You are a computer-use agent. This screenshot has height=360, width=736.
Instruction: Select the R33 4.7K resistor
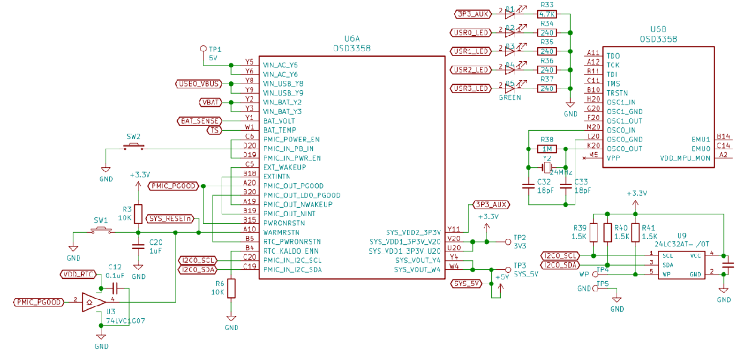click(547, 14)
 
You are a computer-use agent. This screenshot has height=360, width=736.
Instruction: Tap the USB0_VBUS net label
click(199, 84)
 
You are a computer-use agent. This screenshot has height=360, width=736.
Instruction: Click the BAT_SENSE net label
click(199, 121)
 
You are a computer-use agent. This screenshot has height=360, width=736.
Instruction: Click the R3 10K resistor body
click(138, 214)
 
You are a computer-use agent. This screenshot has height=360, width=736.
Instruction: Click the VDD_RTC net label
click(78, 275)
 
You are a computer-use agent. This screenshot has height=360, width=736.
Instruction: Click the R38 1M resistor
click(547, 149)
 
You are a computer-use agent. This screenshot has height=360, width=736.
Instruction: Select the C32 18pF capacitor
click(528, 186)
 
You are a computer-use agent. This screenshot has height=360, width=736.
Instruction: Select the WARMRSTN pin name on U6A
click(281, 232)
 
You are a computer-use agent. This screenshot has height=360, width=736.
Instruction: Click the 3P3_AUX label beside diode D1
click(472, 13)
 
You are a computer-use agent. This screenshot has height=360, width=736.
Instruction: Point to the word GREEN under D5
click(510, 97)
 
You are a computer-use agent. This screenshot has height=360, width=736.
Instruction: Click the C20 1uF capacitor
click(138, 246)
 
